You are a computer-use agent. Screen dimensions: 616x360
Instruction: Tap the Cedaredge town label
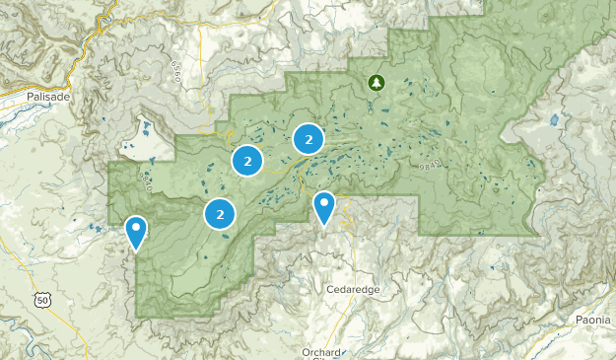(352, 291)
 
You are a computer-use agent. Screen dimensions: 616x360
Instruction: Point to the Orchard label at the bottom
(321, 352)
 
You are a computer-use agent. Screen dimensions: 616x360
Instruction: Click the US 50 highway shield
(40, 300)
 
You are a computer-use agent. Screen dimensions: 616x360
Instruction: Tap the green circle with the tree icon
(375, 83)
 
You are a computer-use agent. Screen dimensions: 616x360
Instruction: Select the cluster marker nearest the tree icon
(308, 140)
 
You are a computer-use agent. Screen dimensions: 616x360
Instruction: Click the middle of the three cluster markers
(246, 160)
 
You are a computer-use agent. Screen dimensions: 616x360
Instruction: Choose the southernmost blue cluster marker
(220, 213)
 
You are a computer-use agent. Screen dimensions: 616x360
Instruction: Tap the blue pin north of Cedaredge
(323, 208)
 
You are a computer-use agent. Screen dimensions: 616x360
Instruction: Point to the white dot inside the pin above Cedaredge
(323, 203)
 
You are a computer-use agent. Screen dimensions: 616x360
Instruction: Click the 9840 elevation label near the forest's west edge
(145, 180)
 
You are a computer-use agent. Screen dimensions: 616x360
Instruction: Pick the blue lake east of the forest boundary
(554, 120)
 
